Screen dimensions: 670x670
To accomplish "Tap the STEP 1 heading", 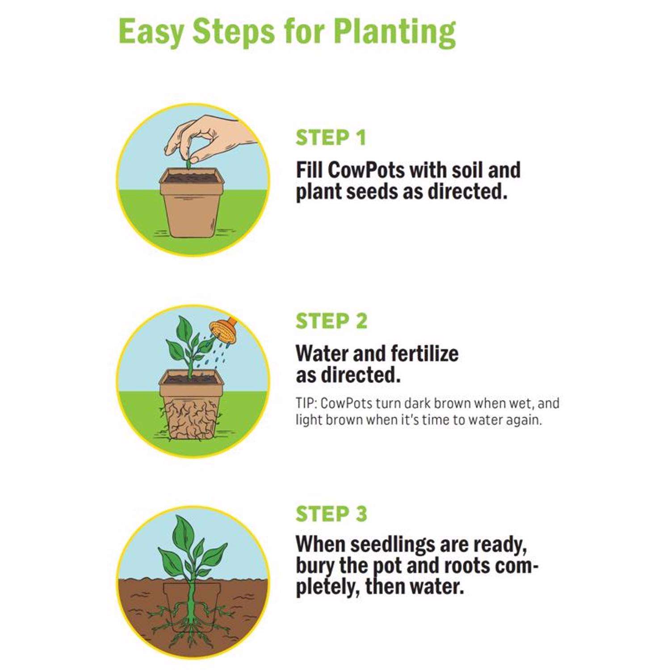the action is click(331, 138).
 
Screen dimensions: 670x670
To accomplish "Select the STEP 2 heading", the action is click(331, 321).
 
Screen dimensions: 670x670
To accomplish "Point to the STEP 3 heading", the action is click(331, 514).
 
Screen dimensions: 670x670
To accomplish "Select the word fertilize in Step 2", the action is click(424, 354).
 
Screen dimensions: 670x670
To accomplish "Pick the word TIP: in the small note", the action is click(306, 403).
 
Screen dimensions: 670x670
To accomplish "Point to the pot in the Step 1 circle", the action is click(192, 203).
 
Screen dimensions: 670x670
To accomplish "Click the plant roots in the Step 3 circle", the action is click(192, 616).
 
